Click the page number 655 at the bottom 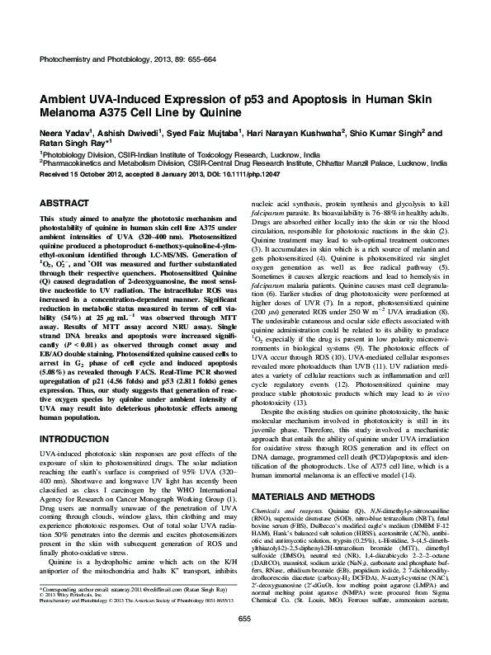pos(245,641)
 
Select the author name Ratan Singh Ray pos(68,142)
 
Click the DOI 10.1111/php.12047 pos(253,174)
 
